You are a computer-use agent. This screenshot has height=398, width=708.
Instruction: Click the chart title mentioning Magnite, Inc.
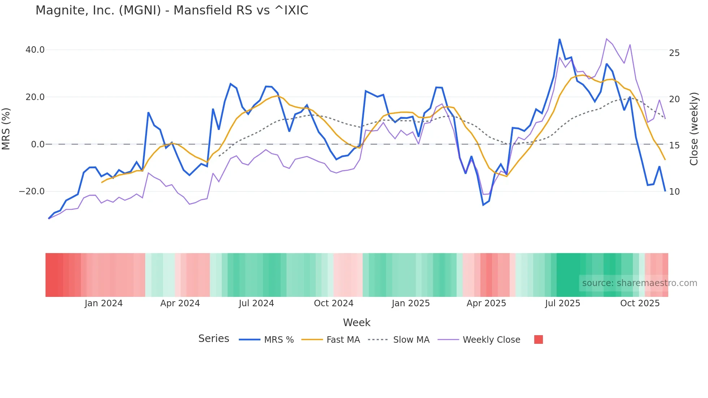coord(172,10)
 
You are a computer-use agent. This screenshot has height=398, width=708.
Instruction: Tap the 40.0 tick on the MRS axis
coord(35,50)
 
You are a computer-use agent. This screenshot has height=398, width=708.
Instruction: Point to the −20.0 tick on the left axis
coord(32,191)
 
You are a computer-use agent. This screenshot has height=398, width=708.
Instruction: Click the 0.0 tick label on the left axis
coord(38,144)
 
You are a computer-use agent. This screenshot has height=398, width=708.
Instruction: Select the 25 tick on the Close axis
coord(674,53)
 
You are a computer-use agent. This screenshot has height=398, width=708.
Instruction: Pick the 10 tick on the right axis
coord(674,192)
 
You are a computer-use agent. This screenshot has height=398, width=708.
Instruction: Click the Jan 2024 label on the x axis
coord(104,303)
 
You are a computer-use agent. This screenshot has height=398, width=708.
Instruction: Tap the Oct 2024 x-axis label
coord(333,303)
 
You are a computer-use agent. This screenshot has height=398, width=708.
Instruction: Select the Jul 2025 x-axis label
coord(562,303)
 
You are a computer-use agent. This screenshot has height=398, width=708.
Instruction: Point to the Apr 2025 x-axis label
coord(486,303)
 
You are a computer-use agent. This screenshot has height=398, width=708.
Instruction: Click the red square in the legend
coord(538,339)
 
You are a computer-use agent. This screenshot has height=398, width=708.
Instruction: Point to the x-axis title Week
coord(357,323)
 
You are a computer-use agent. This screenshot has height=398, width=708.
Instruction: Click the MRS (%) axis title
coord(6,129)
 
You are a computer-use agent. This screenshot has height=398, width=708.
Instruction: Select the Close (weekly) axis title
coord(694,129)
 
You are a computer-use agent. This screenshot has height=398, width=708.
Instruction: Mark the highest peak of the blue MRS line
coord(560,39)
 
